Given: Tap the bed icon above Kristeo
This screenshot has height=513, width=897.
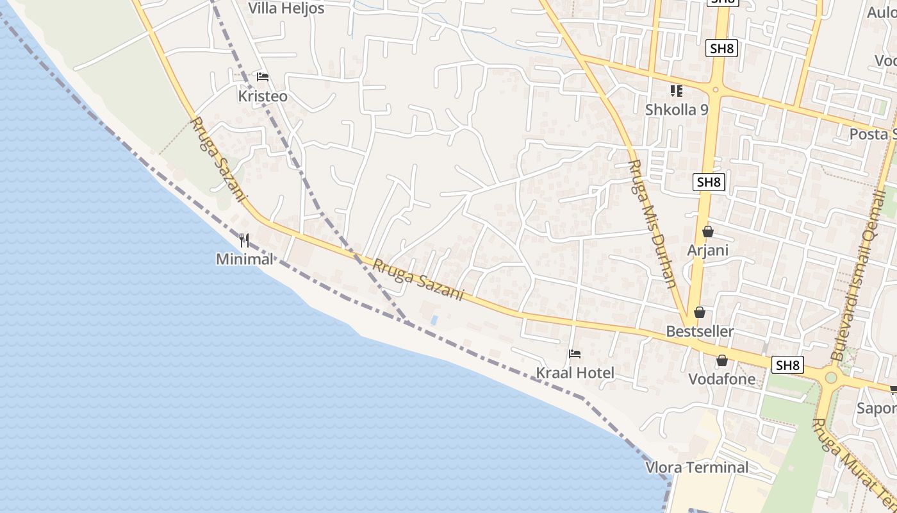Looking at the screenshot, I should coord(262,77).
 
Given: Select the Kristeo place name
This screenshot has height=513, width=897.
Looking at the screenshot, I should coord(263,96).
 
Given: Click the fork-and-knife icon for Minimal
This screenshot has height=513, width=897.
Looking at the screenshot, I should coord(244,240).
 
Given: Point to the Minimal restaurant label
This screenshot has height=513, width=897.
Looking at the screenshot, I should coord(244,259).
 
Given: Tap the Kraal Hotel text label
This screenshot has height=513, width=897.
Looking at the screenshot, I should coord(575,373).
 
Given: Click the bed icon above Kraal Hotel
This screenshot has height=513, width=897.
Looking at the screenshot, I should coord(575,354).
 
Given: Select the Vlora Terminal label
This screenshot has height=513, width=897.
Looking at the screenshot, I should coord(696,467).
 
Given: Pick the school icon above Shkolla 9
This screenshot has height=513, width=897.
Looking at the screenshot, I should coord(677,91).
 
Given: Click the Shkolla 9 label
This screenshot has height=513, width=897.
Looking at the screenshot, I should coord(677,110).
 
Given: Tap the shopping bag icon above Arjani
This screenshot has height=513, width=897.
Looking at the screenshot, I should coord(708,231).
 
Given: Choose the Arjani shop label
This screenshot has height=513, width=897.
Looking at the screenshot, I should coord(708,249).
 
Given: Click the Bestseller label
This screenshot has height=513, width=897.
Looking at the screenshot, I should coord(700,332).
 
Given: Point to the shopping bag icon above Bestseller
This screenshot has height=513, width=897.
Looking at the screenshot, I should coord(700,312).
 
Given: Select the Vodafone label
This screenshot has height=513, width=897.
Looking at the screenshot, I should coord(722,379).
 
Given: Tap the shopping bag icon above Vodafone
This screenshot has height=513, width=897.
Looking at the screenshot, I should coord(722,360).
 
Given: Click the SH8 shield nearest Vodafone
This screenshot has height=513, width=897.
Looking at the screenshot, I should coord(787,365).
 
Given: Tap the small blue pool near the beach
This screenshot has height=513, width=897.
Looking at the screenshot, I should coord(435,319).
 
